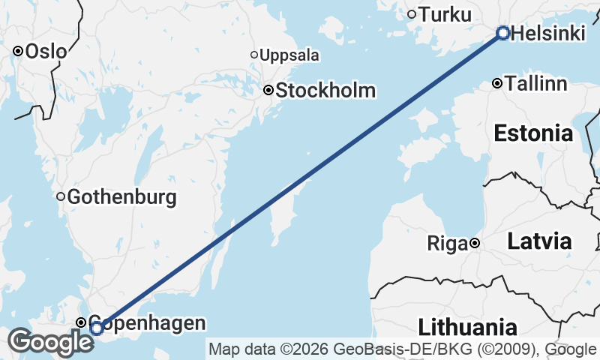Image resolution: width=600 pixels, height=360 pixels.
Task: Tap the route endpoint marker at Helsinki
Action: tap(503, 33)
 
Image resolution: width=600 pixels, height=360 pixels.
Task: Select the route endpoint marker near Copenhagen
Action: tap(97, 328)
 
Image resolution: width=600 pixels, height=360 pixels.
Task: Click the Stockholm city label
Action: tap(325, 91)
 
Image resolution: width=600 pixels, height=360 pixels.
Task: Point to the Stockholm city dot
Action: tap(268, 90)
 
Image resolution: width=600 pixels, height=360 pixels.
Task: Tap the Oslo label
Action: tap(46, 52)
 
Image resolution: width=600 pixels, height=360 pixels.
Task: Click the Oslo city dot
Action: tap(18, 51)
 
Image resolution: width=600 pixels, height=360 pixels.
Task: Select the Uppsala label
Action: tap(289, 55)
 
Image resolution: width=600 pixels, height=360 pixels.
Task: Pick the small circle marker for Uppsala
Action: tap(254, 54)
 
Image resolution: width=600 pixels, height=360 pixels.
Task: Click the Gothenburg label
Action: tap(122, 197)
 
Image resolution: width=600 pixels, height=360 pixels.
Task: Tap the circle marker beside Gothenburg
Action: tap(61, 196)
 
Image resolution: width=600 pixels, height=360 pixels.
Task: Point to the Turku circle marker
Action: tap(411, 13)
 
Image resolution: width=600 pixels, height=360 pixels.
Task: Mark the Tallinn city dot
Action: tap(496, 83)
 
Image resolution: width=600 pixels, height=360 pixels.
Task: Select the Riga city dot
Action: tap(475, 243)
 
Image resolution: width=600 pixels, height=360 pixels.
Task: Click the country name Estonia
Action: tap(533, 134)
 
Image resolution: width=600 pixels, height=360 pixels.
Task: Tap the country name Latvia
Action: tap(540, 241)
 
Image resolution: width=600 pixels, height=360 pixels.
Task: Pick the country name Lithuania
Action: tap(468, 327)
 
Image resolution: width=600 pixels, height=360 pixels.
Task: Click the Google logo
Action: tap(51, 342)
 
